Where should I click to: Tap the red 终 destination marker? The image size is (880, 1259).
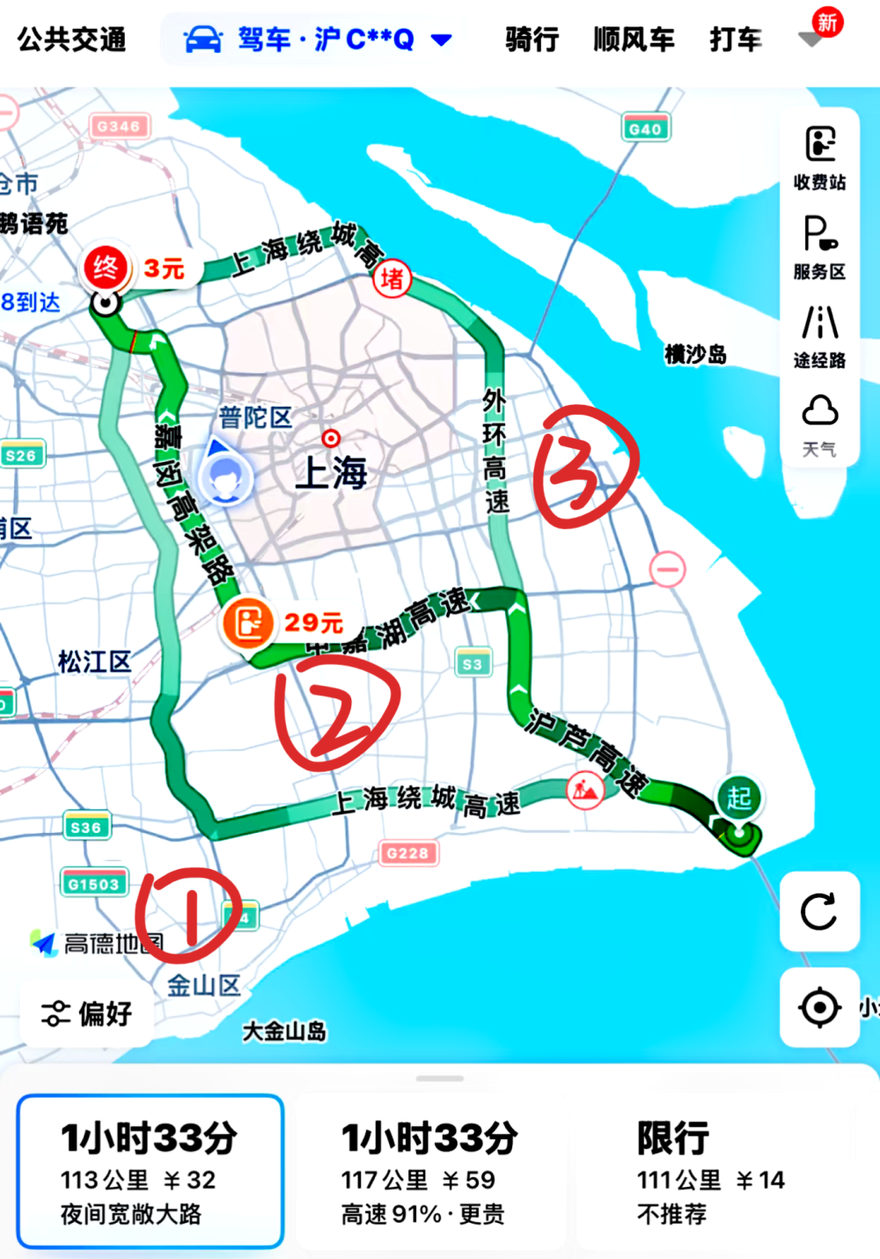coord(106,267)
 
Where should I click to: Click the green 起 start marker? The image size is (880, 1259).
coord(739,799)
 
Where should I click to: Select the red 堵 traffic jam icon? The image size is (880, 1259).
coord(392,280)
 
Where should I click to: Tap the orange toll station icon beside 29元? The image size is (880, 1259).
coord(248,622)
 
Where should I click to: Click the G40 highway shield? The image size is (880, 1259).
coord(645,129)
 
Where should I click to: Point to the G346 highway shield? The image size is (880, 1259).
coord(119,127)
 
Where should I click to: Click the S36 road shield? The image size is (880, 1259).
coord(85,827)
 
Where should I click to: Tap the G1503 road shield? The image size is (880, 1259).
coord(93,883)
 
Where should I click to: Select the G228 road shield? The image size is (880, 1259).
coord(407,852)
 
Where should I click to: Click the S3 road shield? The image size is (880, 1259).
coord(473,664)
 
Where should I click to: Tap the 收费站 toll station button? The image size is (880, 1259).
coord(819,157)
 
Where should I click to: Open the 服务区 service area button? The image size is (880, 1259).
coord(819,247)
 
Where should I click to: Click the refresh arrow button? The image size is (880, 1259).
coord(819,911)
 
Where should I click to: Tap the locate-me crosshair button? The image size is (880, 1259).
coord(819,1007)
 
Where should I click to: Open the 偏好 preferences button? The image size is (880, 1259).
coord(87,1013)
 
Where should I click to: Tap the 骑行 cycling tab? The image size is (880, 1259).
coord(532,40)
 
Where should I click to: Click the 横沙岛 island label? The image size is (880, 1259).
coord(695,355)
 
